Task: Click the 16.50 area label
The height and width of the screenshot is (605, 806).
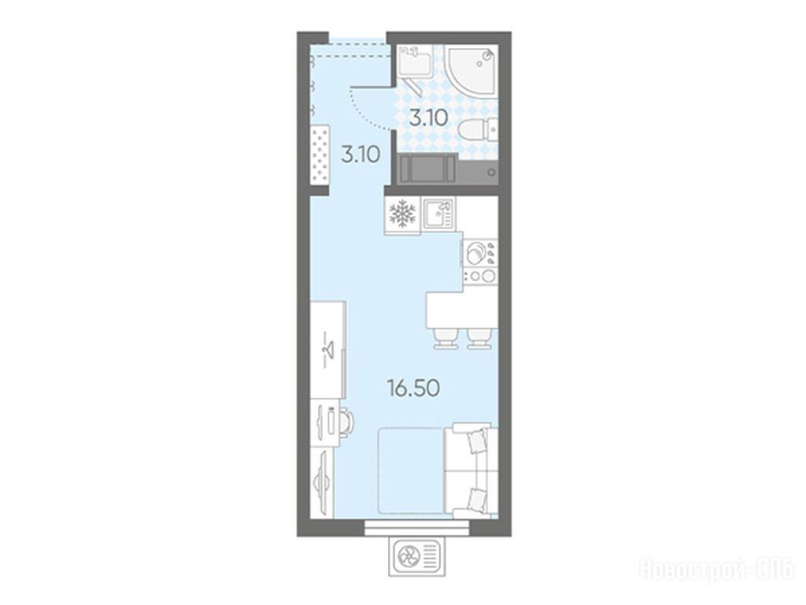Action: click(x=414, y=388)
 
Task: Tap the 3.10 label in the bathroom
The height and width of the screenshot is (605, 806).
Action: click(x=428, y=118)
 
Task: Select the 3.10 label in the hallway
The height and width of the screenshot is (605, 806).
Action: click(x=360, y=154)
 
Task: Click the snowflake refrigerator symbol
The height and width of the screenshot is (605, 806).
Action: click(x=402, y=214)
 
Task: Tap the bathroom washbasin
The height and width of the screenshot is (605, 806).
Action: click(x=416, y=61)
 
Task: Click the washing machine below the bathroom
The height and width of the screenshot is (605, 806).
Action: click(x=428, y=168)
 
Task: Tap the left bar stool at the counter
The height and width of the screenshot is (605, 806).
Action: click(x=446, y=339)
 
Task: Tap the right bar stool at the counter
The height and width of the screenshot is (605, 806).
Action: click(x=479, y=339)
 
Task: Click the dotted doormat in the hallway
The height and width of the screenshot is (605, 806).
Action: click(x=320, y=154)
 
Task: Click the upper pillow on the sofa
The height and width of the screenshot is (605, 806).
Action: click(x=476, y=440)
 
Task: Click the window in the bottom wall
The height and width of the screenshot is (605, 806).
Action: click(x=418, y=527)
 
